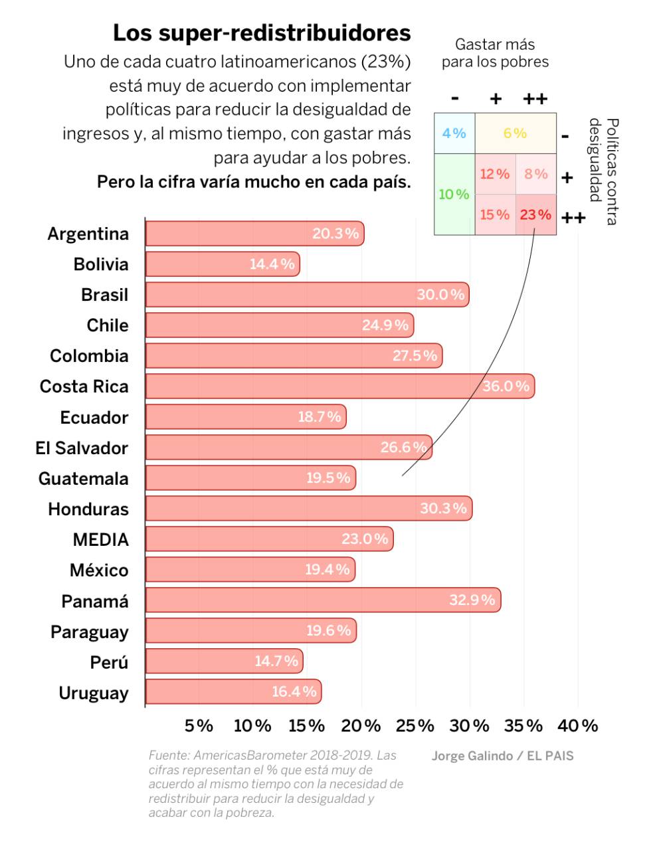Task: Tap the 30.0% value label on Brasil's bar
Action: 440,295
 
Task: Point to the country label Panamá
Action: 95,601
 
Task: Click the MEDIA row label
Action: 100,539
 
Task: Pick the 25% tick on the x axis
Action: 415,726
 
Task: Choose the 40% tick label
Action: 578,726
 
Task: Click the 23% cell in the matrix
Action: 535,214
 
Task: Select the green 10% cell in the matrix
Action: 454,194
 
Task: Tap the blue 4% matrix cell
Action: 454,133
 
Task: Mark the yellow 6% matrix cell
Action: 515,133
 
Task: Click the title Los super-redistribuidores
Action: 262,33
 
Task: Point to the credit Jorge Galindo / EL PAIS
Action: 502,756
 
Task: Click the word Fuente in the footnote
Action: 169,755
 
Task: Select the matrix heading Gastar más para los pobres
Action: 495,53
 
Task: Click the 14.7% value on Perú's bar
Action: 276,661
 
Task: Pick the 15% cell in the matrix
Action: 495,214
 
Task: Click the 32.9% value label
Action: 472,600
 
